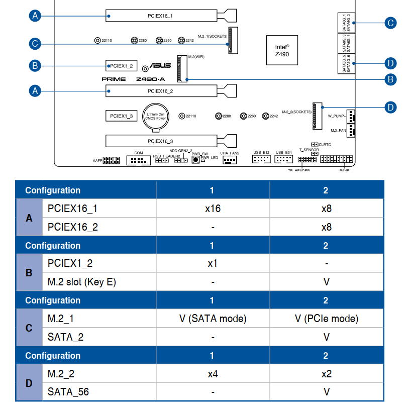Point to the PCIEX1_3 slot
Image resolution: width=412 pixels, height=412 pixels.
(121, 116)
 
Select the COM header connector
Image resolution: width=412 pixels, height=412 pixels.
(138, 161)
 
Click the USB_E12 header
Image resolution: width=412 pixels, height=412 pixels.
(261, 159)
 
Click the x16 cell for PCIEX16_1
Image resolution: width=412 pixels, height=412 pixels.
(213, 209)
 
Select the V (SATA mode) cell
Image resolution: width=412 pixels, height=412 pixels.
(213, 319)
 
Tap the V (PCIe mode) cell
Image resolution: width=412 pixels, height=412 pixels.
(327, 319)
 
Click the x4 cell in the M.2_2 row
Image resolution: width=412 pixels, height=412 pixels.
(213, 374)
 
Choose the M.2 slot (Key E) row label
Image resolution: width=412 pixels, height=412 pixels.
(82, 282)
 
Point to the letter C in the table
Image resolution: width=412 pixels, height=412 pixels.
(29, 328)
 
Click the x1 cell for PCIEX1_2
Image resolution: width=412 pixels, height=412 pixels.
(213, 263)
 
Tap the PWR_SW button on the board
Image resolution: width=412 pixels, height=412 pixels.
(195, 160)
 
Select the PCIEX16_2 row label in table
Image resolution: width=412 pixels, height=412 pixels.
(73, 227)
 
